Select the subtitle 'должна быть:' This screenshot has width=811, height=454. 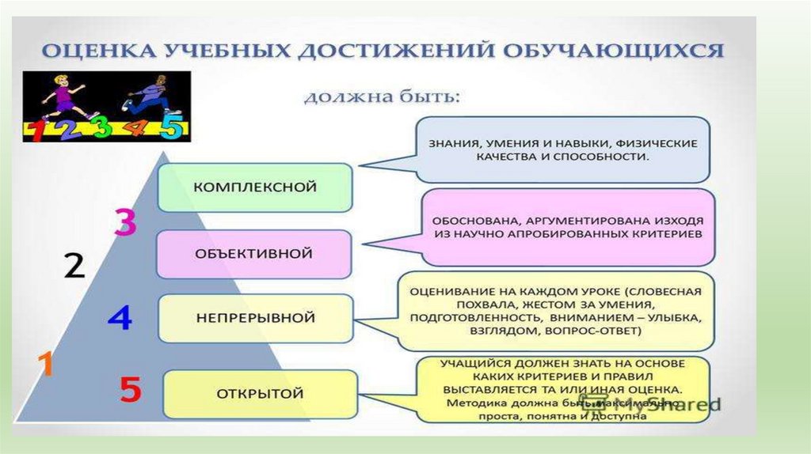pos(382,98)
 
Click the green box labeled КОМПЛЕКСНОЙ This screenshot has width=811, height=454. pos(255,187)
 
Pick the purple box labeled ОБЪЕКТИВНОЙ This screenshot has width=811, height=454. pos(254,254)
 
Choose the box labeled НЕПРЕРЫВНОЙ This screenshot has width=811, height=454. pos(255,318)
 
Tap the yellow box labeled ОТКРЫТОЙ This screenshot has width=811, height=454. pos(260,393)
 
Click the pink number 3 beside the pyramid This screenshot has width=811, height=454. pos(125,222)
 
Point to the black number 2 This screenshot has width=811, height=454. pos(74,266)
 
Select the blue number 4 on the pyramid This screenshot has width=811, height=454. pos(120,318)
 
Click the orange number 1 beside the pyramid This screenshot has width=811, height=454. pos(46,365)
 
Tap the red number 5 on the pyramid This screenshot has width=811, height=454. pos(130,390)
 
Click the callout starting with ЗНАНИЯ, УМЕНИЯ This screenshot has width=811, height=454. pos(563,150)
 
